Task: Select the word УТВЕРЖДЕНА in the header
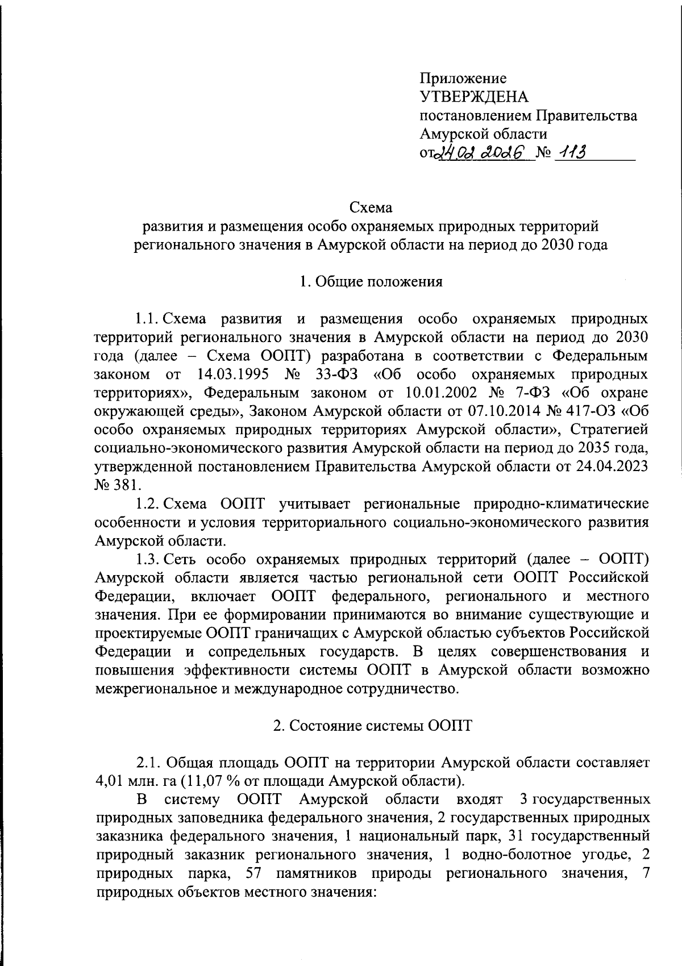pyautogui.click(x=474, y=97)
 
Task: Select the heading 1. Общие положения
pyautogui.click(x=371, y=281)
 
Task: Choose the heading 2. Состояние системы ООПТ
pyautogui.click(x=372, y=726)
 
